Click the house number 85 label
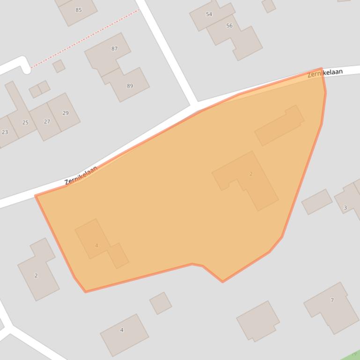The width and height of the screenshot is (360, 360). (x=78, y=10)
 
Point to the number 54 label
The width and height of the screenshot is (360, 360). (x=209, y=14)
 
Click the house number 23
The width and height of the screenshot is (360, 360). (x=5, y=132)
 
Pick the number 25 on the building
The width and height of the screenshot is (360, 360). (x=25, y=122)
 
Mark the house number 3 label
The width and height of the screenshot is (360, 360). (x=345, y=208)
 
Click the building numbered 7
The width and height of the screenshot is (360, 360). (x=331, y=307)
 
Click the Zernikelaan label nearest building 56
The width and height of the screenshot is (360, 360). (x=325, y=73)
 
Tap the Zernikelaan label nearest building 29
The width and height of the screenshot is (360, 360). (x=81, y=175)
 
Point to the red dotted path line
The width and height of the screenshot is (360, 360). (x=84, y=39)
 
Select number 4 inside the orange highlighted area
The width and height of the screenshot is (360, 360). (x=96, y=245)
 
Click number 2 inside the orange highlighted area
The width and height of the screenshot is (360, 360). (x=251, y=174)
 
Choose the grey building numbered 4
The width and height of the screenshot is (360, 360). (x=124, y=333)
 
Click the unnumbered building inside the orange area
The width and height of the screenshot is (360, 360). (x=279, y=125)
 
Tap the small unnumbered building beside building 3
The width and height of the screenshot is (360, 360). (x=317, y=202)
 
